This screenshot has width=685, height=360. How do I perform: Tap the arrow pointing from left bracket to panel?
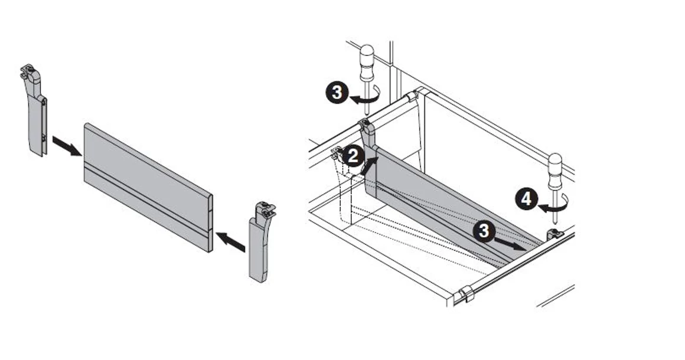[x=66, y=146]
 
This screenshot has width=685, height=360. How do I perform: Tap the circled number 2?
[x=353, y=156]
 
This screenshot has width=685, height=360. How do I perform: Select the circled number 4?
[x=526, y=199]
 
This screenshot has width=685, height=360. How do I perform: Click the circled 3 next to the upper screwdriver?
[x=337, y=93]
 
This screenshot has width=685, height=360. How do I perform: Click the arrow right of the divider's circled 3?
[x=510, y=244]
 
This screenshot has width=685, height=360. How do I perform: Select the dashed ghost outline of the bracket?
[x=346, y=189]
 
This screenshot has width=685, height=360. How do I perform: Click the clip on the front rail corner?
[x=466, y=293]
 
